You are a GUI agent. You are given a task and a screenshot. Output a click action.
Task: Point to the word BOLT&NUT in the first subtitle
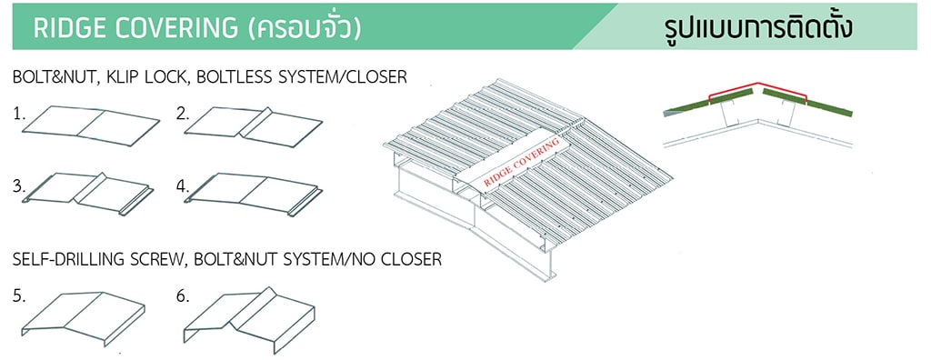tap(50, 78)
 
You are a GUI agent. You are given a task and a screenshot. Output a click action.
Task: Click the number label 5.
tap(19, 295)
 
